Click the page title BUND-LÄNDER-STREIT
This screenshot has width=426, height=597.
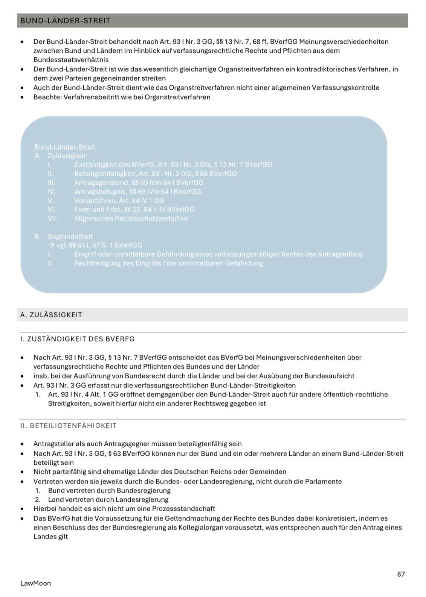pyautogui.click(x=65, y=21)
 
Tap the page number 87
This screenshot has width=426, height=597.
pyautogui.click(x=401, y=574)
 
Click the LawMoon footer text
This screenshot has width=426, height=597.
pyautogui.click(x=35, y=583)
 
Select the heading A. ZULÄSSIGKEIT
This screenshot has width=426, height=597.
pyautogui.click(x=51, y=315)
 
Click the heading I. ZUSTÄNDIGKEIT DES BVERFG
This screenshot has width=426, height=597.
pyautogui.click(x=77, y=339)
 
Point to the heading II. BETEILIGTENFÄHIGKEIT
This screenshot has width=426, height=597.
pyautogui.click(x=68, y=426)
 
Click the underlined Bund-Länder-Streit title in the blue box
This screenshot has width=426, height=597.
pyautogui.click(x=65, y=147)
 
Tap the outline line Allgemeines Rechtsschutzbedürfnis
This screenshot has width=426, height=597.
pyautogui.click(x=131, y=218)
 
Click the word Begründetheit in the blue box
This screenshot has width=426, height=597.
pyautogui.click(x=70, y=236)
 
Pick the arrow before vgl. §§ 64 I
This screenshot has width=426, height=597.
pyautogui.click(x=52, y=245)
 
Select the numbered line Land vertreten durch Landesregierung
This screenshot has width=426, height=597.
pyautogui.click(x=108, y=499)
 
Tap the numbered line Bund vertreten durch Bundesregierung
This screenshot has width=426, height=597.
pyautogui.click(x=109, y=490)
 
